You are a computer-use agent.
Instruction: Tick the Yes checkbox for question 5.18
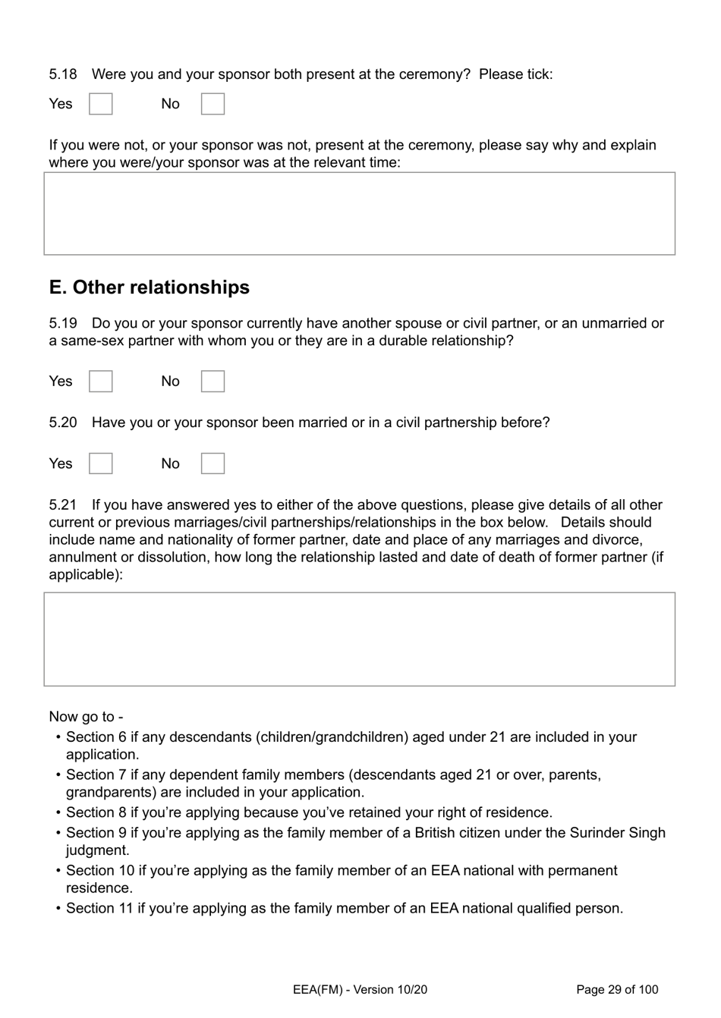click(x=101, y=104)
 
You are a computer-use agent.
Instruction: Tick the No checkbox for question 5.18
click(x=213, y=104)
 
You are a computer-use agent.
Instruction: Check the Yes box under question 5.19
click(x=101, y=382)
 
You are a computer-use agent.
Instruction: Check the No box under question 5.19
click(x=213, y=382)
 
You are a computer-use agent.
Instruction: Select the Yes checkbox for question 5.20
click(x=101, y=463)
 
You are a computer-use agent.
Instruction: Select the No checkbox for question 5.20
click(x=213, y=463)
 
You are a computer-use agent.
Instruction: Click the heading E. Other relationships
click(x=149, y=287)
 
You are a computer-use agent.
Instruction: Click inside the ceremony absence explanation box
click(x=359, y=213)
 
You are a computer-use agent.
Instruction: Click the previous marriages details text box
click(x=359, y=639)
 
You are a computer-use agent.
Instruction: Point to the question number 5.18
click(x=63, y=74)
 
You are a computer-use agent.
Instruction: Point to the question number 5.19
click(x=63, y=323)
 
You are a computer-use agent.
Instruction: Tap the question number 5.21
click(x=63, y=505)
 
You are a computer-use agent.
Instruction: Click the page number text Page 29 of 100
click(x=617, y=989)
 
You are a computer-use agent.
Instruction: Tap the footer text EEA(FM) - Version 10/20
click(x=360, y=989)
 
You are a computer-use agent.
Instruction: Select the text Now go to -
click(x=86, y=717)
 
